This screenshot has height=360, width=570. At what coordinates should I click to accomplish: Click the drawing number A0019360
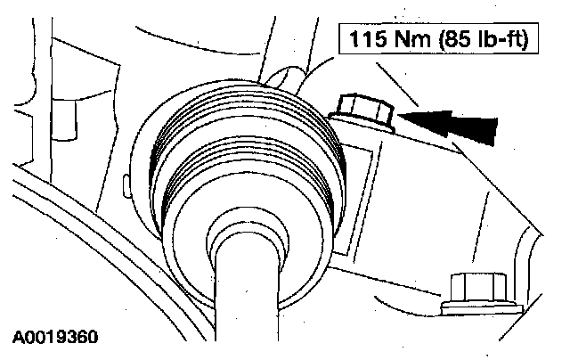pyautogui.click(x=55, y=339)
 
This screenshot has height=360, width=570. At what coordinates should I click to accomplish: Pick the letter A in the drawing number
pyautogui.click(x=18, y=339)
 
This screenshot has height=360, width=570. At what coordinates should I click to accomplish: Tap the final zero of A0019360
pyautogui.click(x=93, y=339)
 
